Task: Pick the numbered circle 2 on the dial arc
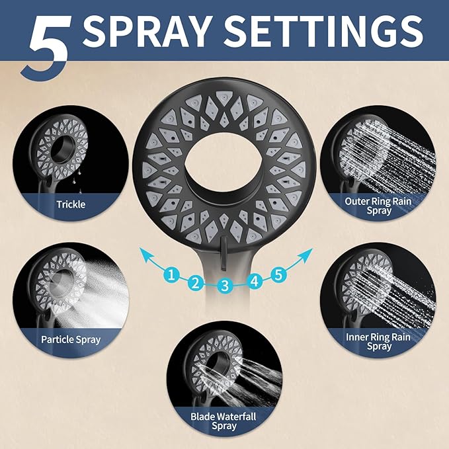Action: click(195, 284)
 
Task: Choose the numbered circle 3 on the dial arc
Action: click(225, 286)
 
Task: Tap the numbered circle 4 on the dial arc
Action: click(255, 281)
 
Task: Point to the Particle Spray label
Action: click(71, 339)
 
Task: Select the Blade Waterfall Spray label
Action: click(223, 421)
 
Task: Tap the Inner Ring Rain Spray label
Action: click(378, 341)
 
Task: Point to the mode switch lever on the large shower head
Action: click(225, 255)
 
